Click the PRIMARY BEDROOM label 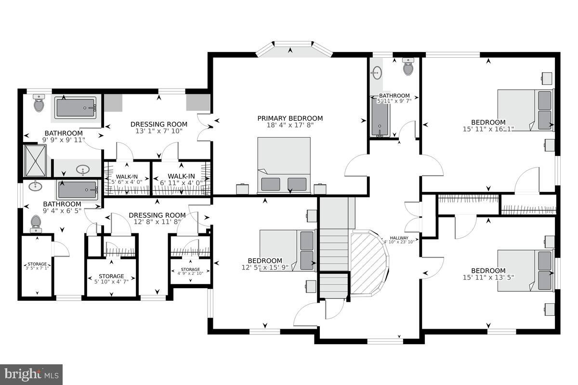pos(289,118)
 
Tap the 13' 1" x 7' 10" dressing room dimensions pos(159,131)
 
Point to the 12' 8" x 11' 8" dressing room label pos(157,222)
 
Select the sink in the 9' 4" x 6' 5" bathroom pos(35,186)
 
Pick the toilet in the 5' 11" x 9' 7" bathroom pos(408,67)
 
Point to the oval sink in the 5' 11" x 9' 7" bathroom pos(377,73)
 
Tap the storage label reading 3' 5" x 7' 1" pos(37,266)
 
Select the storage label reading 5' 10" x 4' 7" pos(111,279)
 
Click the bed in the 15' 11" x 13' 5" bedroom pos(525,270)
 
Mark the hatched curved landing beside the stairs pos(368,263)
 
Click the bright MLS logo pos(31,374)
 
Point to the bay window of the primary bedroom pos(293,50)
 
